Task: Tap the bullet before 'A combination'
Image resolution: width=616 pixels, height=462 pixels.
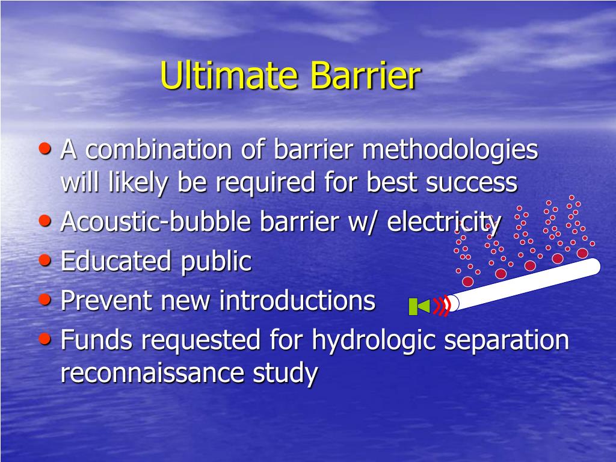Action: pyautogui.click(x=45, y=147)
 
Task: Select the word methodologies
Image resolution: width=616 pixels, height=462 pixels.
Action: pyautogui.click(x=449, y=150)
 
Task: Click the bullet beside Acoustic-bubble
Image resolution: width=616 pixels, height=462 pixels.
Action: pyautogui.click(x=45, y=220)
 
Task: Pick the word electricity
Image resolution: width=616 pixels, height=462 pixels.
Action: pyautogui.click(x=443, y=222)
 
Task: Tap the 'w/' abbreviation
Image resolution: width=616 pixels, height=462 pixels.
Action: pyautogui.click(x=360, y=222)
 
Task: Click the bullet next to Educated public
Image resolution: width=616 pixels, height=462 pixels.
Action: pyautogui.click(x=45, y=259)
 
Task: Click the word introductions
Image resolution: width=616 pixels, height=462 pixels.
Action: pyautogui.click(x=297, y=301)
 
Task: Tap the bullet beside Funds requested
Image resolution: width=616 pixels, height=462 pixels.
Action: pyautogui.click(x=45, y=338)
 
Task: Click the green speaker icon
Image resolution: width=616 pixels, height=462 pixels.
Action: pyautogui.click(x=419, y=307)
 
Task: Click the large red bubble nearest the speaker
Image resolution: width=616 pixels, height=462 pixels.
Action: pyautogui.click(x=467, y=282)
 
